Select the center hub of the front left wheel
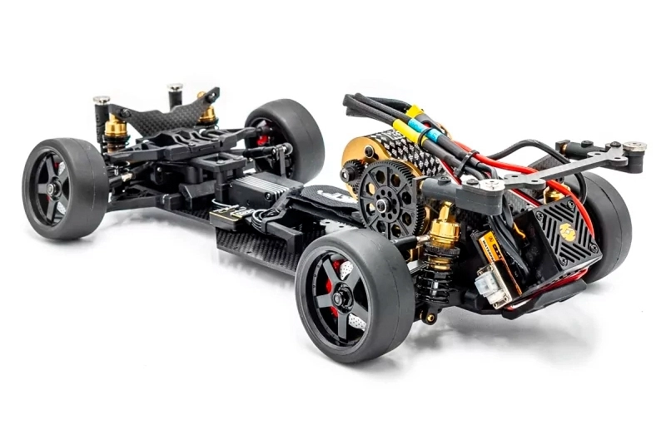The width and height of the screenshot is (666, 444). coord(53,190)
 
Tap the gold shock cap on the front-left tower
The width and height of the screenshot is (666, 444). coord(115,126)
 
